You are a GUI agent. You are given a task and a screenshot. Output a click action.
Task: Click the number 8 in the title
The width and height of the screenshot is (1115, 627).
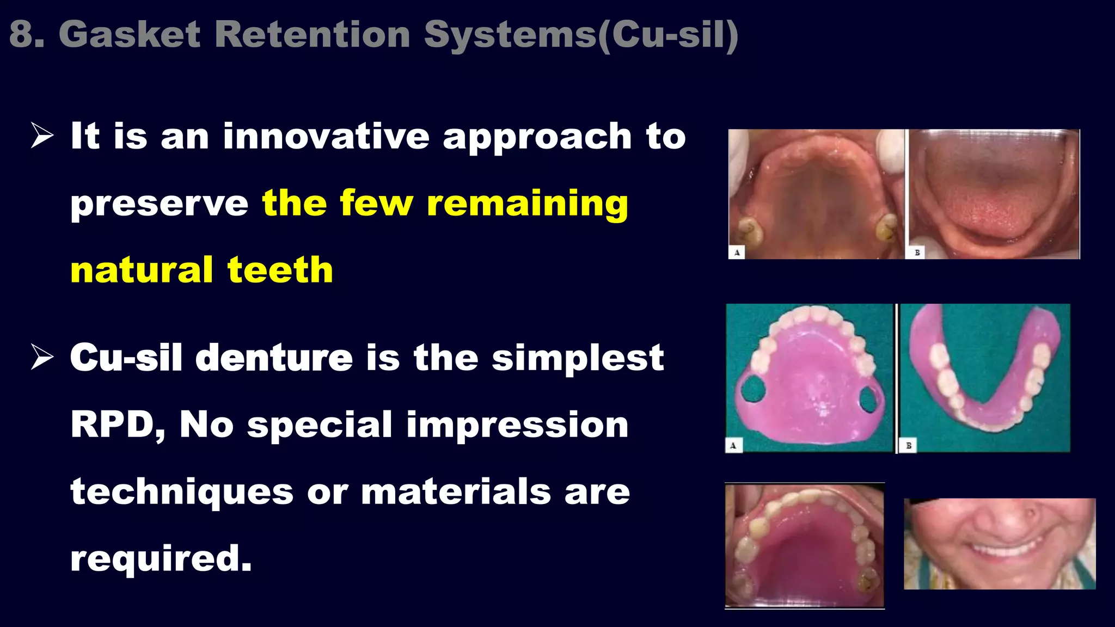coord(21,34)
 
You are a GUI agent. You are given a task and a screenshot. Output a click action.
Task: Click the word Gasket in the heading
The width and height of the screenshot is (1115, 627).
coord(130,34)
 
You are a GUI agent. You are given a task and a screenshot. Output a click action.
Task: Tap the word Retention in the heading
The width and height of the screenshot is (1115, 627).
coord(312,34)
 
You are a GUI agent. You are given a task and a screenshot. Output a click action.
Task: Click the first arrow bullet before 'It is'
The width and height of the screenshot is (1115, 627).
coord(42,136)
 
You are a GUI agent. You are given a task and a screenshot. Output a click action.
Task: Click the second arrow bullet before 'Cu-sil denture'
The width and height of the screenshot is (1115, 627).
coord(42,357)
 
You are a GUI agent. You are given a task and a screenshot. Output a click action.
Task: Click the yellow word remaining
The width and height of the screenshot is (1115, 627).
coord(527,204)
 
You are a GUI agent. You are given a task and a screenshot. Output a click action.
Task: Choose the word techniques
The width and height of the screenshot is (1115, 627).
coord(182,492)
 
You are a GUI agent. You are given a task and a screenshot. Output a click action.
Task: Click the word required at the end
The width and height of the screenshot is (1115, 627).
coord(161,559)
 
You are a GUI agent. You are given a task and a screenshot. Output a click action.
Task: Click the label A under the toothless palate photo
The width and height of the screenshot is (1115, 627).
coord(737,253)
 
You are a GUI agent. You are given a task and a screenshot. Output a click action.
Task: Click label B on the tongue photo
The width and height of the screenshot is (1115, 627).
coord(917,253)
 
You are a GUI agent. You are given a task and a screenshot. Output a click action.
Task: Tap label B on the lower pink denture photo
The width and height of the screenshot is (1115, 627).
coord(909,445)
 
